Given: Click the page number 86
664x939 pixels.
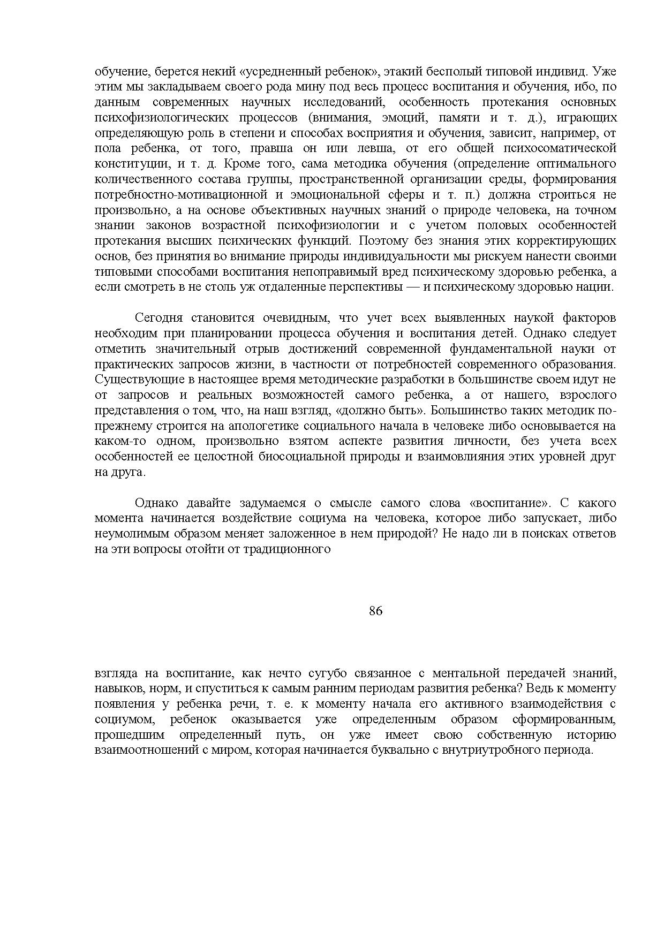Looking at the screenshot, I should tap(375, 611).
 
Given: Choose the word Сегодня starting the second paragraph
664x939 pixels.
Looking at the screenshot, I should tap(159, 318).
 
